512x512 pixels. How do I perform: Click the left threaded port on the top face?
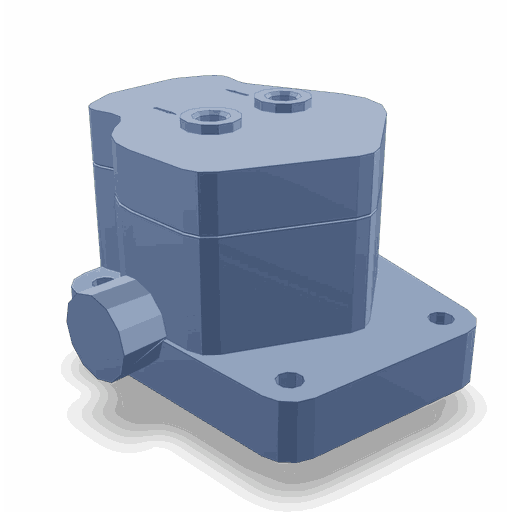click(x=211, y=119)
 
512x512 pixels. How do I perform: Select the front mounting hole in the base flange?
click(x=289, y=380)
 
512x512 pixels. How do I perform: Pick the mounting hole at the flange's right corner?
click(x=439, y=319)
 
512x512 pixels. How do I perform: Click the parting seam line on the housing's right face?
click(x=300, y=225)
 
